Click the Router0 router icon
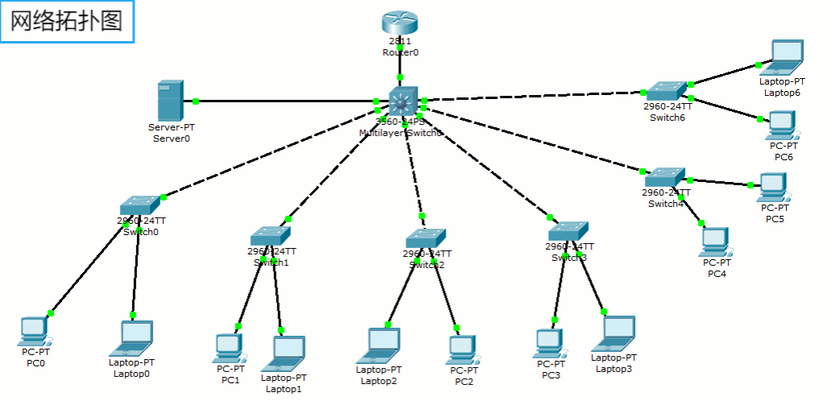point(399,24)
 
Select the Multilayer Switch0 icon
point(403,101)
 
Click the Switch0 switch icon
point(140,205)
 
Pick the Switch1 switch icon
point(270,236)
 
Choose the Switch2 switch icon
point(425,238)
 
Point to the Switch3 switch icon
point(569,231)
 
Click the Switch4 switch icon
point(665,177)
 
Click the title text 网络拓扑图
point(67,22)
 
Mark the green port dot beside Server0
point(196,101)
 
